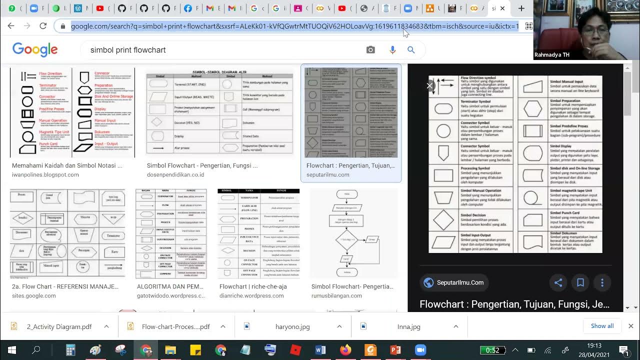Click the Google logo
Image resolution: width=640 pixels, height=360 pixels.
click(35, 49)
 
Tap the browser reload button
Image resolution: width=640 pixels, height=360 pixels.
click(43, 26)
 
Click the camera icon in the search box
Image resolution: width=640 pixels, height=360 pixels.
click(370, 50)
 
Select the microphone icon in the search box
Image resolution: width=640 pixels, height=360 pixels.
click(392, 50)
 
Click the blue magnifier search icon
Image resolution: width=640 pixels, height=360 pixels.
click(411, 50)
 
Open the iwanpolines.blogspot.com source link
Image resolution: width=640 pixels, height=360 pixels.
click(45, 175)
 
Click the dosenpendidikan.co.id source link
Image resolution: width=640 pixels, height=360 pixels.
click(175, 175)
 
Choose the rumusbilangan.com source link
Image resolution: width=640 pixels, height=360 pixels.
click(336, 296)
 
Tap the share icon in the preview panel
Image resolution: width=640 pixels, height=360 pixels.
click(558, 282)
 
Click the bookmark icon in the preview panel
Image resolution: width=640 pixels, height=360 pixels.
click(580, 282)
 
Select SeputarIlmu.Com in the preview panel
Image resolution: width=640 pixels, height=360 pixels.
click(459, 282)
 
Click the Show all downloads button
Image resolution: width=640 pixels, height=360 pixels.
click(602, 326)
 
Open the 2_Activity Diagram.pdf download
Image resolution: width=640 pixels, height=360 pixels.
click(59, 326)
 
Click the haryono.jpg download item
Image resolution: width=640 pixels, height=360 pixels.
click(292, 326)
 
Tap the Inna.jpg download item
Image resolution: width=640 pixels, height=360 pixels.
click(408, 326)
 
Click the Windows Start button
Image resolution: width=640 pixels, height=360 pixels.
click(11, 350)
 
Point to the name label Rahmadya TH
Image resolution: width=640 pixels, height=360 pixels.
click(551, 55)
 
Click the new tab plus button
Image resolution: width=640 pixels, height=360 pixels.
click(521, 8)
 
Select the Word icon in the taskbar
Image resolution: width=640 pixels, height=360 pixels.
click(320, 350)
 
